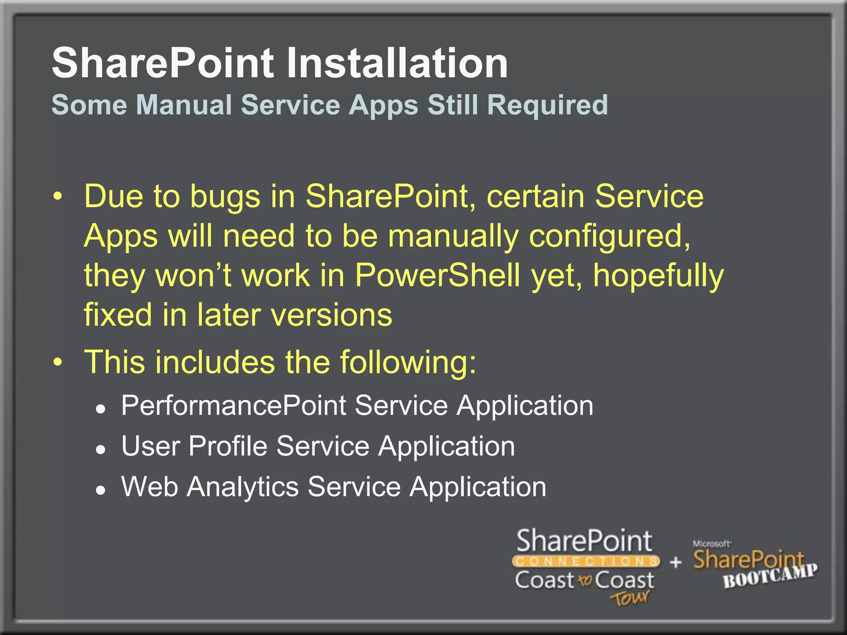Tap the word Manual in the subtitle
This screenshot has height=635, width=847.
click(184, 105)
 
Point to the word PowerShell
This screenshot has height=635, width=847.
click(437, 276)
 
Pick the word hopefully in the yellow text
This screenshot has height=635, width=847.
click(658, 276)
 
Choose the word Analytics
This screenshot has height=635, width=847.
click(243, 487)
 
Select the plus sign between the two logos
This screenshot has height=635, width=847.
click(675, 562)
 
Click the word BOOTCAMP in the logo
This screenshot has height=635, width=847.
click(770, 576)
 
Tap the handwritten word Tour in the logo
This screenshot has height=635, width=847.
click(629, 598)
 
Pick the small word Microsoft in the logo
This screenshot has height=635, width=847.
click(711, 544)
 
